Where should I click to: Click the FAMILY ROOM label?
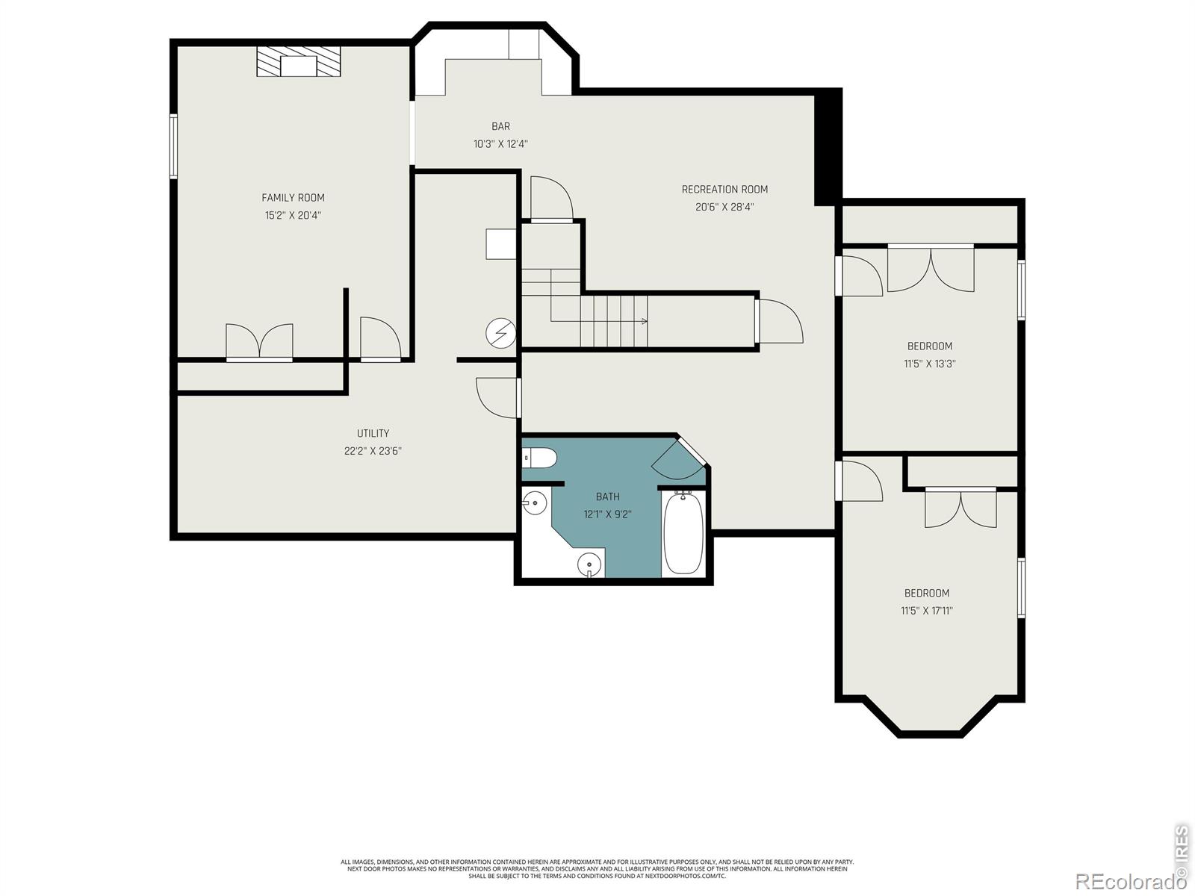point(293,197)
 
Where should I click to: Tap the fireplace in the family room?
point(298,61)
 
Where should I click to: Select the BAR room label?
point(501,126)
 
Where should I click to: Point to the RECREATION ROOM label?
point(724,190)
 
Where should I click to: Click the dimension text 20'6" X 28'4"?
point(724,207)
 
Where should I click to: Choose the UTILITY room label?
point(373,433)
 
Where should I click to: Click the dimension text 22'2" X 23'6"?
point(373,450)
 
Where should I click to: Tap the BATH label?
point(607,496)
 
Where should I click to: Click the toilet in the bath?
point(539,458)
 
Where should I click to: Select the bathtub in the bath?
point(684,532)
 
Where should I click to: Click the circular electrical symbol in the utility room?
point(501,333)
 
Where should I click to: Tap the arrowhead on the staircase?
point(645,321)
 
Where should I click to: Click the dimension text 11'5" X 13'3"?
point(930,364)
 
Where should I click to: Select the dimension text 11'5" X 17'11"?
point(927,610)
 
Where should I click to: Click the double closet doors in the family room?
point(260,342)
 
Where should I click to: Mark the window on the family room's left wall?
point(173,146)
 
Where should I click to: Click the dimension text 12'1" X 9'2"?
point(607,514)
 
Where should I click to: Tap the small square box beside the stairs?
point(501,244)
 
